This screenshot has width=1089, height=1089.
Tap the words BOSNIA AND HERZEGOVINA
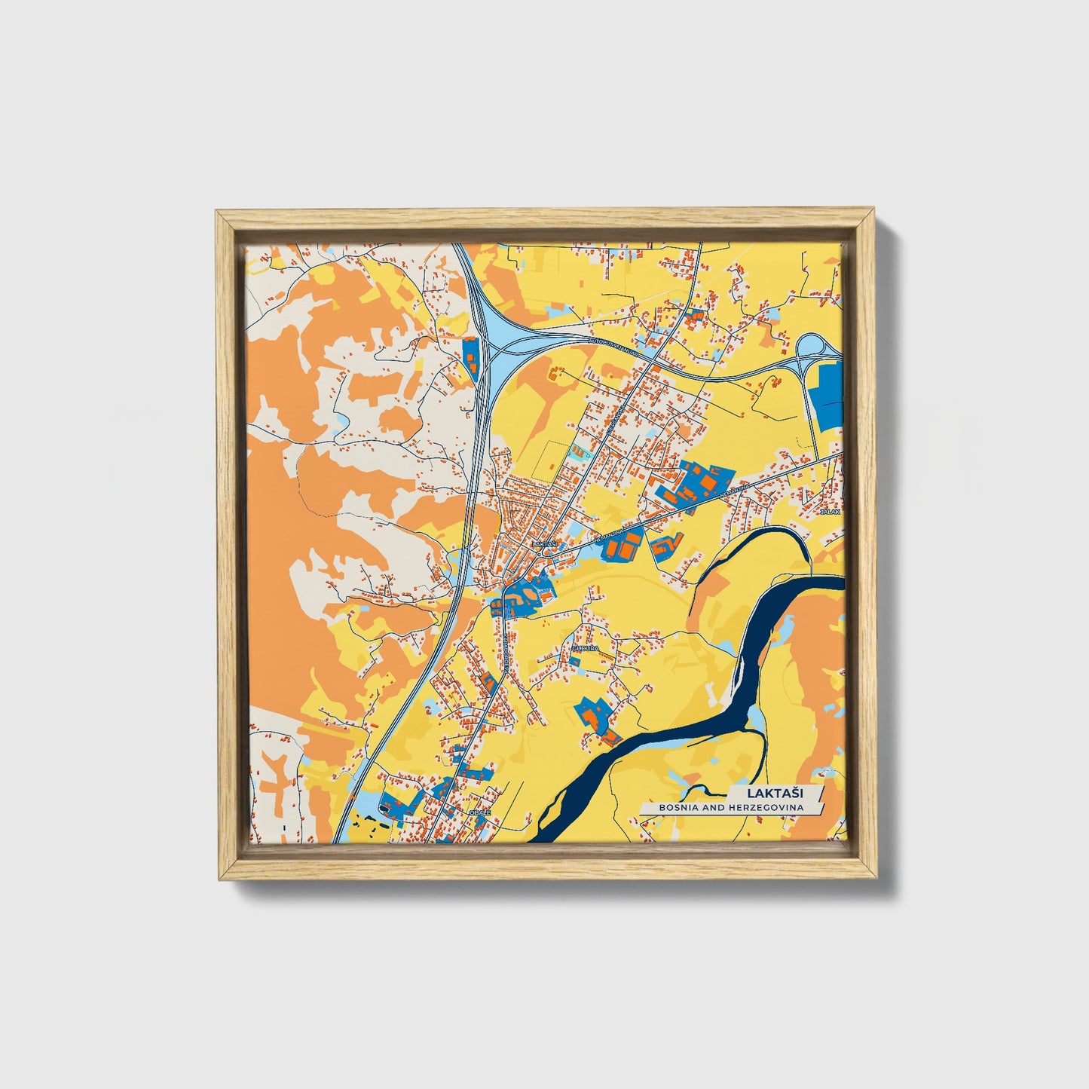(x=730, y=808)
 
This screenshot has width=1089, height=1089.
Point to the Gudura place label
(x=585, y=647)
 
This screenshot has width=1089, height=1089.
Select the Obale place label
(x=479, y=813)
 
